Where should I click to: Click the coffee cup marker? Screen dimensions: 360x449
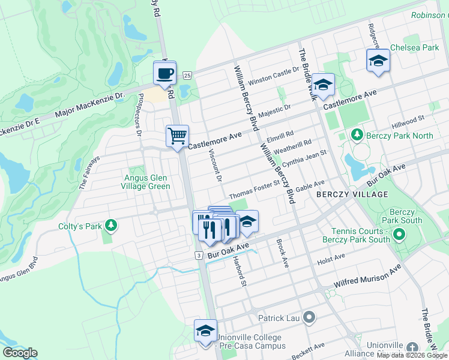point(165,74)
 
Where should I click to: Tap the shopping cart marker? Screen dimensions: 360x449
point(178,137)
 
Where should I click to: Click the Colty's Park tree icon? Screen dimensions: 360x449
point(110,225)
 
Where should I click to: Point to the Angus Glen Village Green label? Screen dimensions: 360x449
point(146,182)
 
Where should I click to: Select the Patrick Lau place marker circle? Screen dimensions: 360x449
point(309,317)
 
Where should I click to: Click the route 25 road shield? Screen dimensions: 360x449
point(187,75)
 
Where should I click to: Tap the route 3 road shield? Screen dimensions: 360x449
point(197,256)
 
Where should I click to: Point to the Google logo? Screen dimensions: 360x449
point(20,353)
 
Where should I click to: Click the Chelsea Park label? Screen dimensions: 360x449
point(414,47)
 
